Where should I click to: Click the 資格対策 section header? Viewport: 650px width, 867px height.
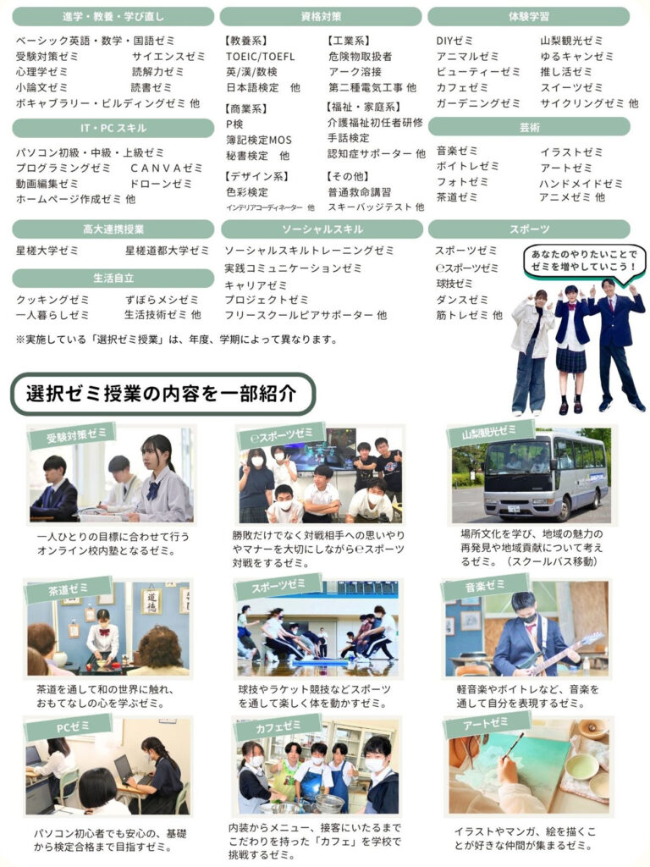321,17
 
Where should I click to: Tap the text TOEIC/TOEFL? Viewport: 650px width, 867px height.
261,57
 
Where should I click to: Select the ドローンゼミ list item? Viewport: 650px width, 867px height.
161,184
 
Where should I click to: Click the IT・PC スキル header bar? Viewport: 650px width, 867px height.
113,129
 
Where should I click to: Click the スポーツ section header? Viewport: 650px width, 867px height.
529,229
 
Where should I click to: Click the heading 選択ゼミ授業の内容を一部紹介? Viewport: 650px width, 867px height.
162,394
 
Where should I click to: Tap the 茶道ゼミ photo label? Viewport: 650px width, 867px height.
68,589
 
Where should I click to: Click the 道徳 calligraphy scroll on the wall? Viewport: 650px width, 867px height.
151,601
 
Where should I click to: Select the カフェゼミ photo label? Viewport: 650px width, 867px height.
278,726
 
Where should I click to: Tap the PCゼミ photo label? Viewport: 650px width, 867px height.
69,727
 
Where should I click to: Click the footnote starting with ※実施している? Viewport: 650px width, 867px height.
177,339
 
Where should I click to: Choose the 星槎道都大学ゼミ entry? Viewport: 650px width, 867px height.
167,251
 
